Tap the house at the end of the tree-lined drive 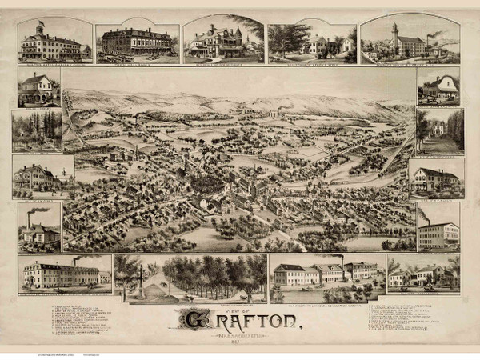[x=438, y=128]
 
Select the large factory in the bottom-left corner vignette [x=60, y=274]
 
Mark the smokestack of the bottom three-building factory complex [x=342, y=263]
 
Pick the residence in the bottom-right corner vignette [x=424, y=276]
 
